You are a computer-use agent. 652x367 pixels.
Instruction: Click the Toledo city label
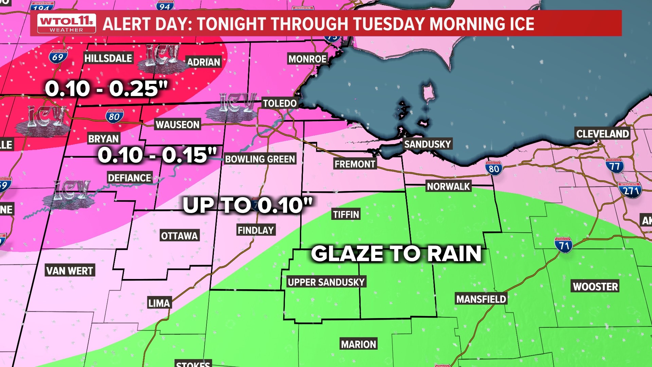280,103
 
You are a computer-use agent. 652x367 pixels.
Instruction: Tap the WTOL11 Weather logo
67,23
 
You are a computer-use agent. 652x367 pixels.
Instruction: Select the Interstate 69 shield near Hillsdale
58,57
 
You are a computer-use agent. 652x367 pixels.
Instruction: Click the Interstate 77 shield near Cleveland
614,166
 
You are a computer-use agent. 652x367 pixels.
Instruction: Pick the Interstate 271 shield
630,190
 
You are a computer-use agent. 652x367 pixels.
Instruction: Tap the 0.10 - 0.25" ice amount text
106,89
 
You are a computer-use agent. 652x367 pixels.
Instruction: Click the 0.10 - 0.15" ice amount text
157,155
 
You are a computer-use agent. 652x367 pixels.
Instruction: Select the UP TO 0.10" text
247,205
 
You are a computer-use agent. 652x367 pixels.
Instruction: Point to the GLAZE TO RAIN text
396,254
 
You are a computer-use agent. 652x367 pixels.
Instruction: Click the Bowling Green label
260,159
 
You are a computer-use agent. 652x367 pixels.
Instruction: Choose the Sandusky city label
427,144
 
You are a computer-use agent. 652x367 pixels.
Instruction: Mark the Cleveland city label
602,134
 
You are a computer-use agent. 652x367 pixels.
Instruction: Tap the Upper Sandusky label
326,282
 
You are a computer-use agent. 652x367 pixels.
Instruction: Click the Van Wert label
70,271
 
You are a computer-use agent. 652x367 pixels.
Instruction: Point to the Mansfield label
481,299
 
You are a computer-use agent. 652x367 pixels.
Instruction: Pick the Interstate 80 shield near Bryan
114,116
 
